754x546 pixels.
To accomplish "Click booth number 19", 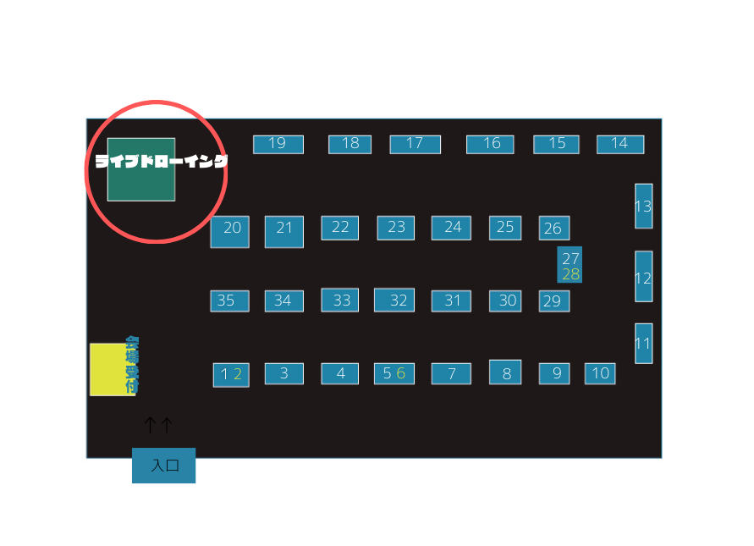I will coord(278,144).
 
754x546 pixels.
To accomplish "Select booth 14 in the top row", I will coord(619,144).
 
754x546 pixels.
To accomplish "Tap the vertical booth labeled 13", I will coord(643,206).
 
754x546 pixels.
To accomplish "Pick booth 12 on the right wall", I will coord(643,277).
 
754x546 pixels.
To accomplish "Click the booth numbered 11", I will coord(643,344).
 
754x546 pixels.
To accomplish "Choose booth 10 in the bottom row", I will coord(600,373).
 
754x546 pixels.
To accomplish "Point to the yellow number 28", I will coord(571,274).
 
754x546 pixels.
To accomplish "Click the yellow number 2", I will coord(238,374).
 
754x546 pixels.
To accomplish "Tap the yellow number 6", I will coord(401,373).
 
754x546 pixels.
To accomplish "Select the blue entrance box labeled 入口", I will coord(163,466).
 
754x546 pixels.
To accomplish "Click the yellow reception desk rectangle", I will coord(107,369).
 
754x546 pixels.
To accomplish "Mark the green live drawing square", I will coord(140,181).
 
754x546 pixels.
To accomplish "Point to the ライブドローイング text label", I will coord(161,161).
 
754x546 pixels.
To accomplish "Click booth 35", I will coord(229,301).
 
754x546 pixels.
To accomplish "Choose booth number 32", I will coord(394,300).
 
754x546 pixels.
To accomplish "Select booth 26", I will coord(553,229).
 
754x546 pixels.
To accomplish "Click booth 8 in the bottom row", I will coord(505,372).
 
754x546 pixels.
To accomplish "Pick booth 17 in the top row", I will coord(415,144).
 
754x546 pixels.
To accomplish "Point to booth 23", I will coord(396,228).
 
